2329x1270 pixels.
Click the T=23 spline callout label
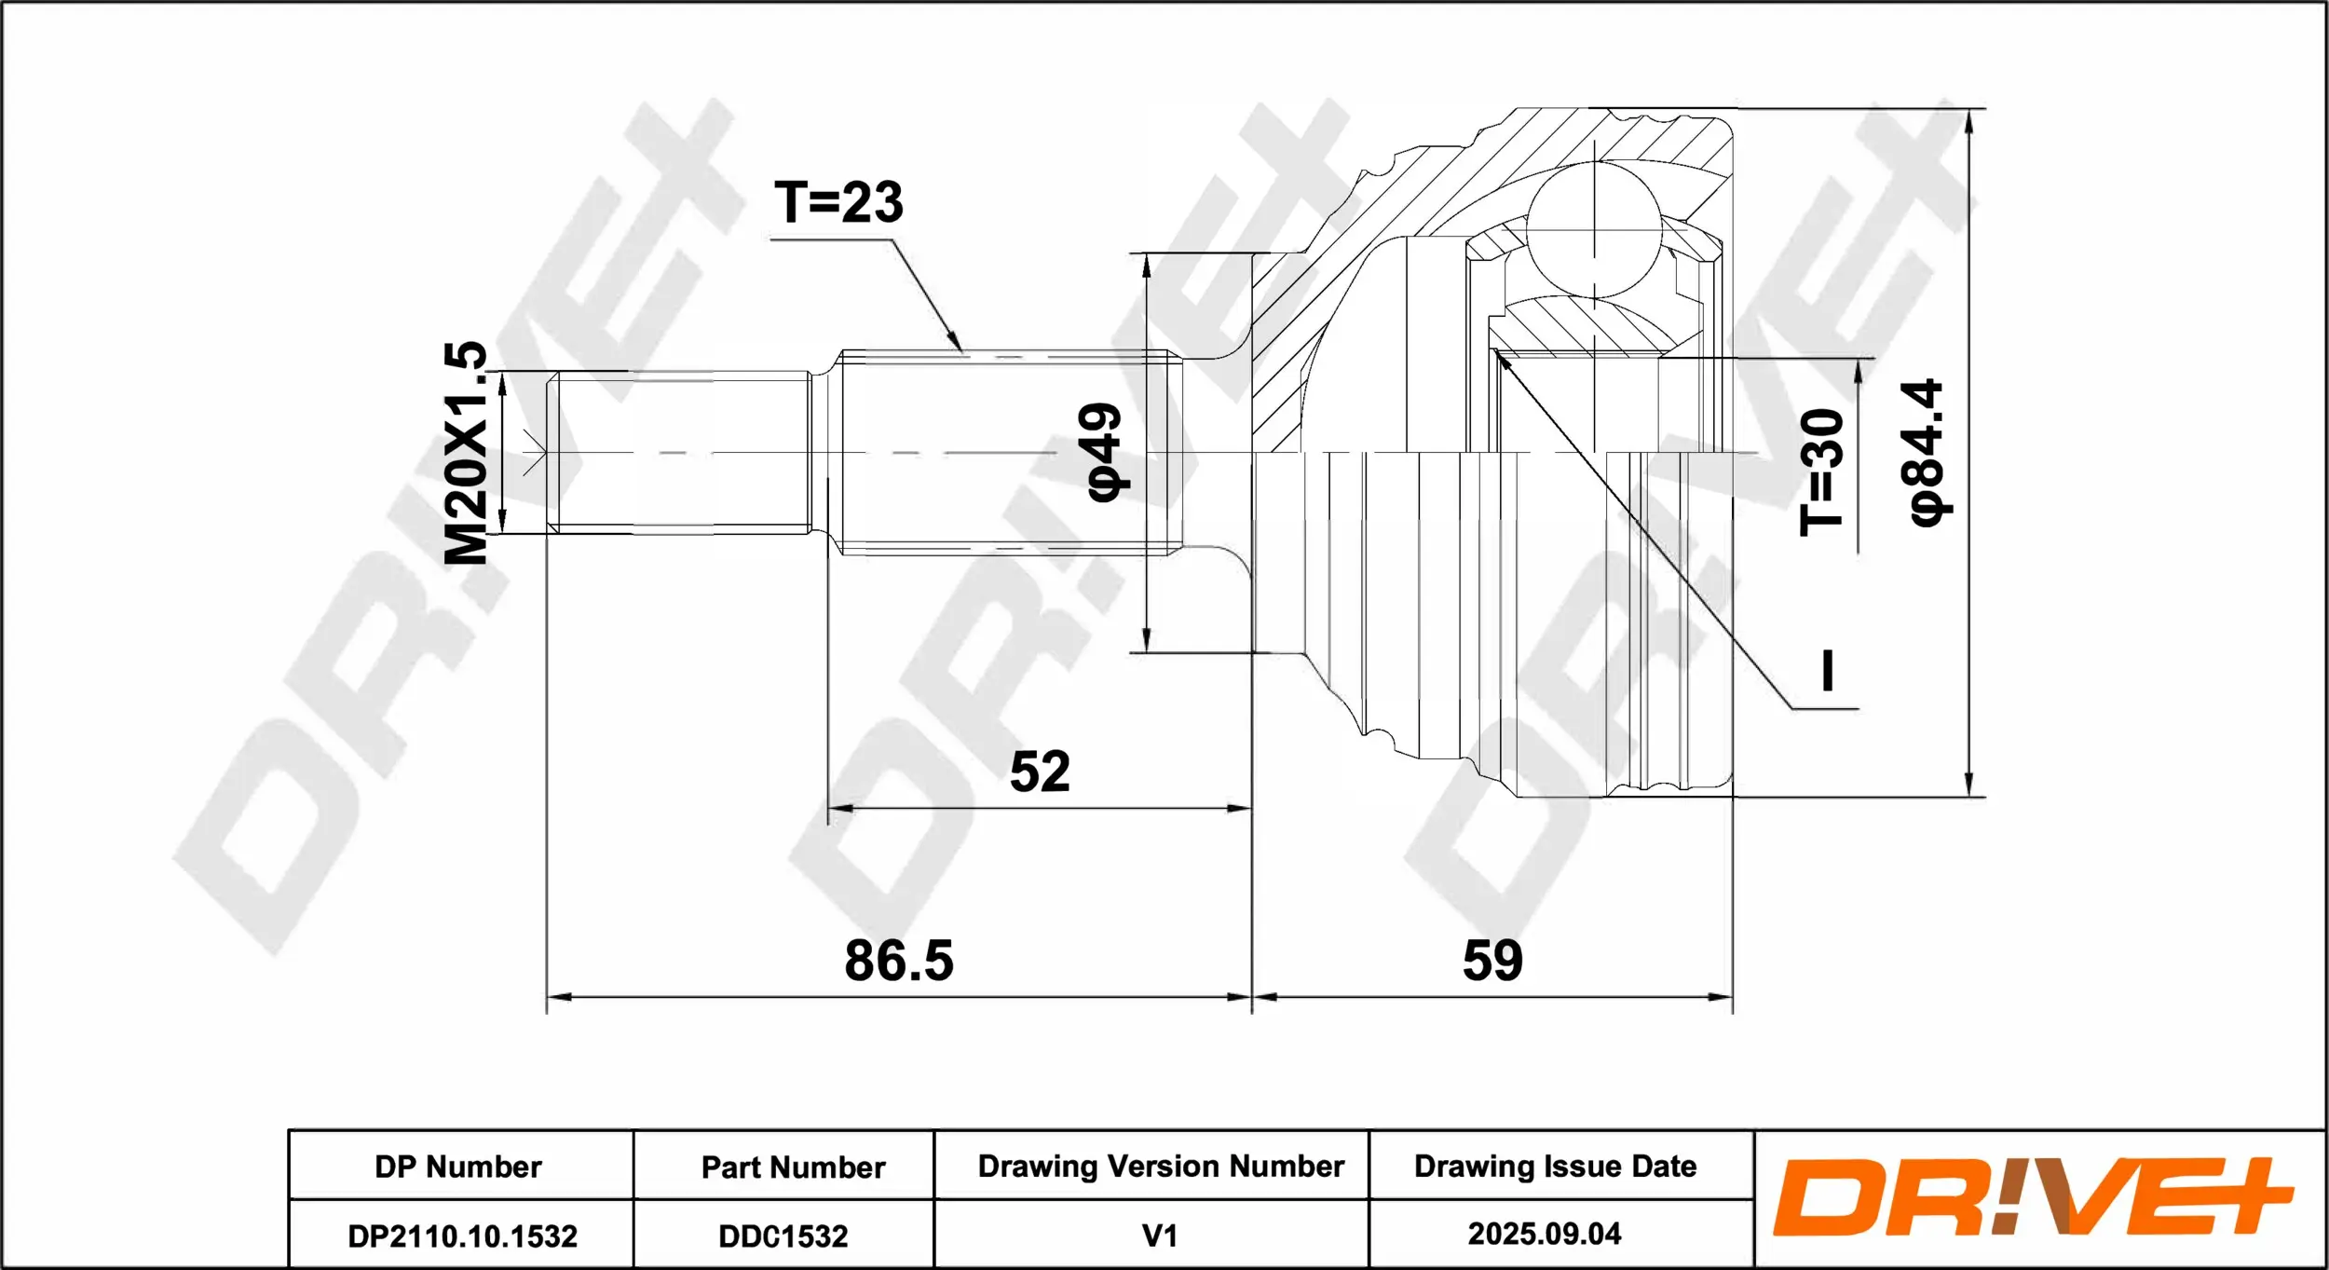[x=838, y=202]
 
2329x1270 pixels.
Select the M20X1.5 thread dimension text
[x=466, y=453]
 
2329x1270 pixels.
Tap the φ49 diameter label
[x=1106, y=452]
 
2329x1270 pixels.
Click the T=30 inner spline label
[x=1821, y=472]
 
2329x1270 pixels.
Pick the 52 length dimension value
[x=1040, y=772]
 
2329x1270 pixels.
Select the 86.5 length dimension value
[x=899, y=961]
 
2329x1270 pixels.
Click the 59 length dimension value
[x=1492, y=961]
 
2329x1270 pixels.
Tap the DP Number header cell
[x=458, y=1167]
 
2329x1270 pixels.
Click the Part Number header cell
[x=793, y=1168]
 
